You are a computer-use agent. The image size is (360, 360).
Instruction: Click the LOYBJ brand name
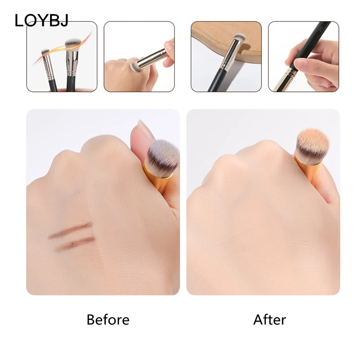pyautogui.click(x=41, y=20)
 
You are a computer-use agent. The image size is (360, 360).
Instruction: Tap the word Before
pyautogui.click(x=108, y=319)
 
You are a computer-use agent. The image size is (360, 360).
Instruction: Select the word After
pyautogui.click(x=270, y=319)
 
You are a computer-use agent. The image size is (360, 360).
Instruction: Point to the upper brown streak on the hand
pyautogui.click(x=70, y=230)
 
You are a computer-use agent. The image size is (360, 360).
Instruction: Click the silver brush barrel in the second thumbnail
pyautogui.click(x=151, y=59)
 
